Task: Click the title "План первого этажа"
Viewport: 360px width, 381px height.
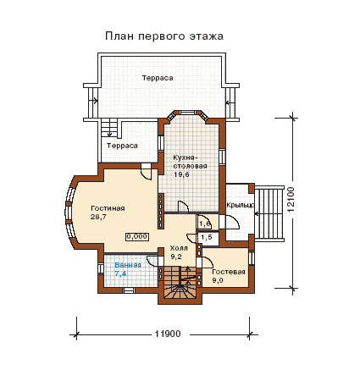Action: point(164,36)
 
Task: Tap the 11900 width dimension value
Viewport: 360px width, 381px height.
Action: point(168,334)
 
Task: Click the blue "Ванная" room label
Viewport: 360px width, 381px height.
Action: point(128,265)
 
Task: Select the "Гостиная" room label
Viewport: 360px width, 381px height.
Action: point(108,208)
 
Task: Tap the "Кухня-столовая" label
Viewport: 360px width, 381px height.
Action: point(190,162)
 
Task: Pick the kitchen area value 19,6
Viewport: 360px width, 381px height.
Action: point(181,174)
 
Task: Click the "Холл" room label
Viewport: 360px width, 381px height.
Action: point(179,248)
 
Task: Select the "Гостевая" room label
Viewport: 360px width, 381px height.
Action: point(229,272)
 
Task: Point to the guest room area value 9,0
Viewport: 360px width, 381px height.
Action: point(218,281)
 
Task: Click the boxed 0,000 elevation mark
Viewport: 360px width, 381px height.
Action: point(137,236)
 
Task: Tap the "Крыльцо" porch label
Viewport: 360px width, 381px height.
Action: point(241,205)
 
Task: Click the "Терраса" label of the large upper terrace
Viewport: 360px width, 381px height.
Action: point(158,78)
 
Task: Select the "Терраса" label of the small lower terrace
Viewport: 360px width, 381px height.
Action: point(122,146)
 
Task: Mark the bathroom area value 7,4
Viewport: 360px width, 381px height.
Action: point(120,273)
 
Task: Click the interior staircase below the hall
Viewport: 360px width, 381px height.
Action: point(180,282)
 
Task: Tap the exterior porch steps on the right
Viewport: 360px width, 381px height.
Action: point(269,213)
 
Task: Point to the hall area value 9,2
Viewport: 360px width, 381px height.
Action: point(176,257)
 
